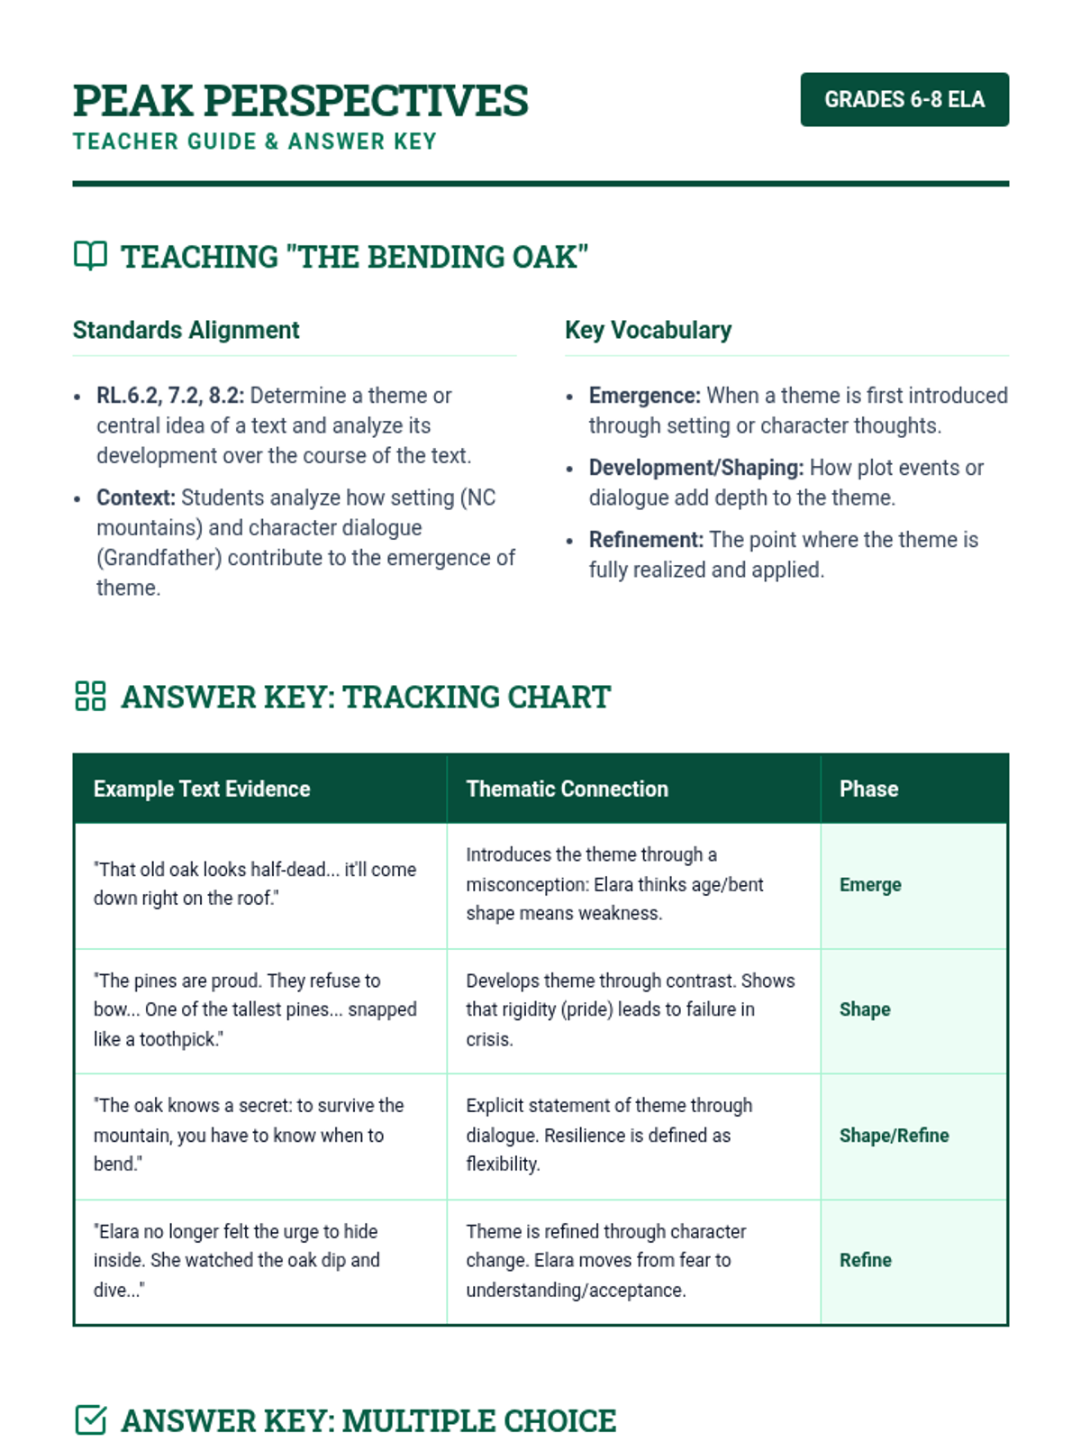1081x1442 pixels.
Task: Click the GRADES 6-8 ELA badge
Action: point(904,99)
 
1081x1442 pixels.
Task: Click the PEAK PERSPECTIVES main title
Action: point(300,100)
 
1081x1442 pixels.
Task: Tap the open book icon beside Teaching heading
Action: point(90,256)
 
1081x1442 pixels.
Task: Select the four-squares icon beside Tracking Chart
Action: point(90,696)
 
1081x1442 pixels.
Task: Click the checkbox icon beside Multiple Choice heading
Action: point(90,1419)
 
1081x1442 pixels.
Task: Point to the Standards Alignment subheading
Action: point(186,330)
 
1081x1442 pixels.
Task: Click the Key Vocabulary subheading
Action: point(648,330)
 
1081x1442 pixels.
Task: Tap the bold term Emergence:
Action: point(644,396)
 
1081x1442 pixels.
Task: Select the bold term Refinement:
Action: point(646,540)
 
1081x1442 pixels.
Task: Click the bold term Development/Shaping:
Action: point(695,468)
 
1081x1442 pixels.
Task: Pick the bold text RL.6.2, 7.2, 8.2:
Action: point(170,396)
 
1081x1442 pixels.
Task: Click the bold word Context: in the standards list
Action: point(136,497)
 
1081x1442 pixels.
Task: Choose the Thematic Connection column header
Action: point(567,789)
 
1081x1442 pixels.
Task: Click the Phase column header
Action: point(868,789)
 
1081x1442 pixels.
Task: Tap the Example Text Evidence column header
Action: point(202,789)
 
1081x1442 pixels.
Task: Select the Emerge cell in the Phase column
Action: point(870,885)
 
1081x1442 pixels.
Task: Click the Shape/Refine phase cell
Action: point(894,1136)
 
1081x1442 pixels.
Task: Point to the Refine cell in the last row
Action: point(865,1260)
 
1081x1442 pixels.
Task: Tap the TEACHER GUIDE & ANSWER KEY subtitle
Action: point(255,141)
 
